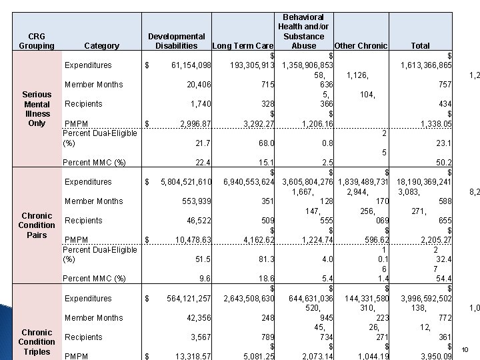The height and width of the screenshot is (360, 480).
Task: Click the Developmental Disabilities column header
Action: [176, 41]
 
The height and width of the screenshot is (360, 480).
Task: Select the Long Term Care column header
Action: [241, 46]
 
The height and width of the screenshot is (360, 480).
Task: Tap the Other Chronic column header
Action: [361, 46]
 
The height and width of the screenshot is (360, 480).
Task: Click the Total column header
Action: [420, 46]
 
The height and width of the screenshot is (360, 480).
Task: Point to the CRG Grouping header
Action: [37, 41]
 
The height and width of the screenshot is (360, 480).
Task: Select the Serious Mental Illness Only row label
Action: [37, 109]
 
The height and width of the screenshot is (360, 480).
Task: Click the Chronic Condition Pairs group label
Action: [37, 225]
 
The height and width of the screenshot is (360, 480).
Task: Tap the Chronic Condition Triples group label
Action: [37, 341]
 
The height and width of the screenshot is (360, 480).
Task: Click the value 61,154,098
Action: [191, 65]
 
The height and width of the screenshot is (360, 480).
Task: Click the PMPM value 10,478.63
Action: [193, 240]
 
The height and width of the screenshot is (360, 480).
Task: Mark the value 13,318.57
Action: [193, 356]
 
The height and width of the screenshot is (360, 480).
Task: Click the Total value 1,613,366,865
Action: [426, 65]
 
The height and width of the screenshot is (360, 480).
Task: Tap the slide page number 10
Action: [465, 349]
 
